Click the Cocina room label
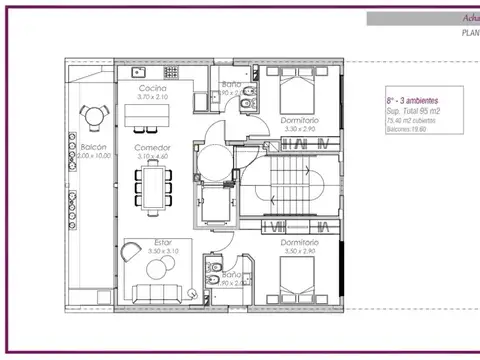click(x=152, y=89)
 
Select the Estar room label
click(x=162, y=241)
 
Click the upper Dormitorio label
click(x=299, y=120)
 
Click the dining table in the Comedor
click(x=154, y=186)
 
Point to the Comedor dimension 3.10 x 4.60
click(x=153, y=156)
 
